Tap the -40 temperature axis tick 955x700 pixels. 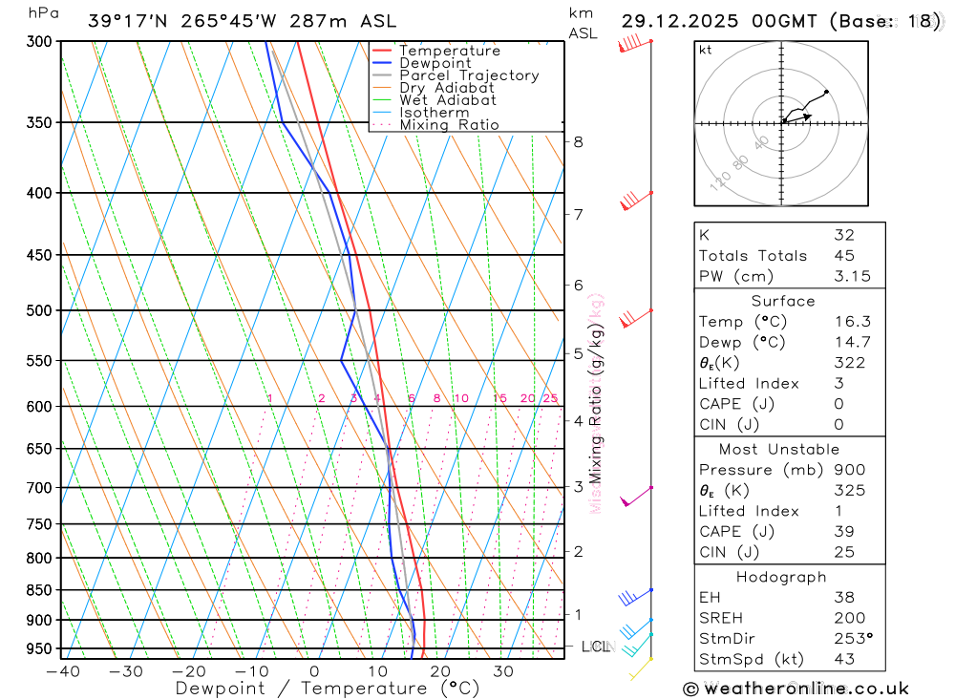[62, 670]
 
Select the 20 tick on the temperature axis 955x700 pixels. [440, 670]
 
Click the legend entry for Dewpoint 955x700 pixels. [435, 63]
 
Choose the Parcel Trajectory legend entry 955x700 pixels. [469, 75]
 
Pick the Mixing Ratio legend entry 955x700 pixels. [449, 124]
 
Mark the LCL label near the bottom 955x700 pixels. [595, 647]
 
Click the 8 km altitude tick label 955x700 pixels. [578, 142]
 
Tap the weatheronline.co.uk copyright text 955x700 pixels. [796, 688]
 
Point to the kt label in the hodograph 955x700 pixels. [705, 50]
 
